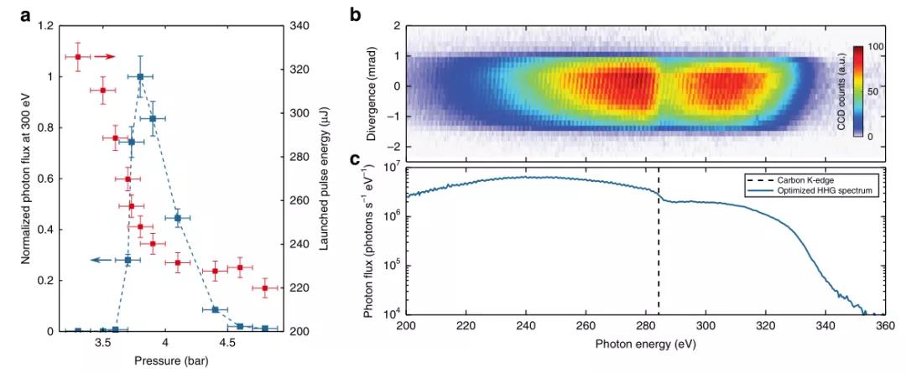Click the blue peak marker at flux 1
coord(140,77)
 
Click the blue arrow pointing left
coord(102,260)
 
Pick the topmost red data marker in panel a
coord(78,57)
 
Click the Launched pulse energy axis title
coord(324,179)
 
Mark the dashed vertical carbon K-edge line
coord(658,251)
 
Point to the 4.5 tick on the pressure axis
coord(226,344)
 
